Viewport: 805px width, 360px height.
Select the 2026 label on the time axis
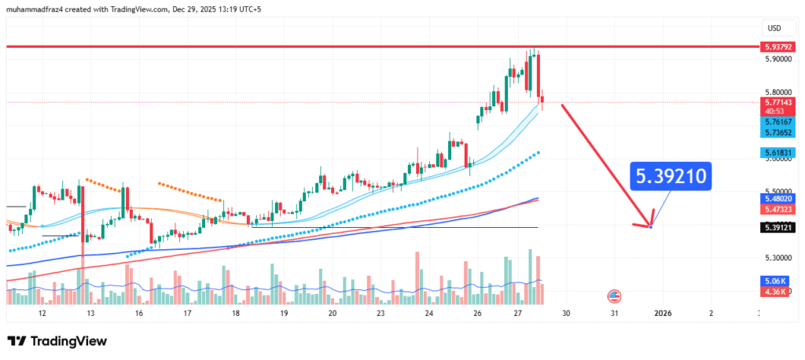pyautogui.click(x=663, y=313)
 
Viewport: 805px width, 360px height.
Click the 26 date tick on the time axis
pyautogui.click(x=478, y=313)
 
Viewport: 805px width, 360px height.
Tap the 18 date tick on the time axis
pyautogui.click(x=236, y=313)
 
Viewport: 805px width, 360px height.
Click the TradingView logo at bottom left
pyautogui.click(x=57, y=341)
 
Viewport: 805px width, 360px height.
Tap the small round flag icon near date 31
pyautogui.click(x=614, y=296)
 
